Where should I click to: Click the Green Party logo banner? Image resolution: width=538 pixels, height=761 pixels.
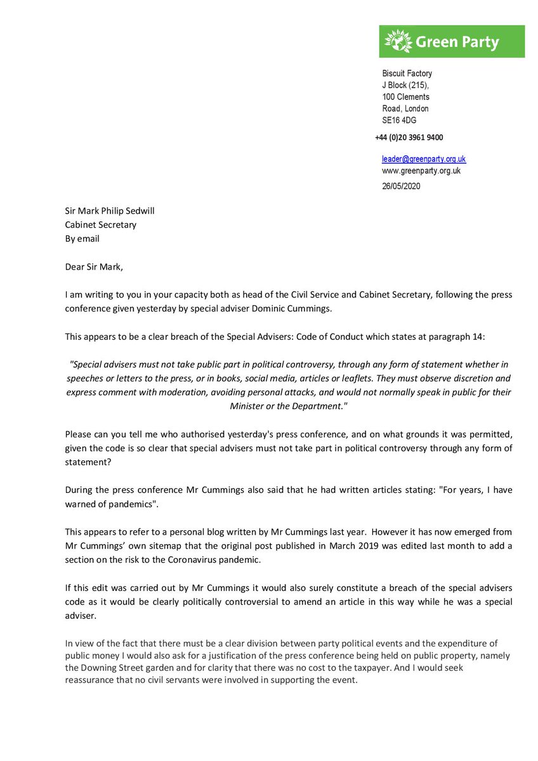click(x=452, y=42)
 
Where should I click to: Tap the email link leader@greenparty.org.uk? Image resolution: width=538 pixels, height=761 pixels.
click(x=423, y=159)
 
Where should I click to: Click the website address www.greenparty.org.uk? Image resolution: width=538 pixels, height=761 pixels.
click(x=421, y=171)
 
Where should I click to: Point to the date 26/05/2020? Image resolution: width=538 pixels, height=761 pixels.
click(x=400, y=186)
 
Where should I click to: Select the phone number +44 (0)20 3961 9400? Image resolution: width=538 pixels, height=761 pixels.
click(x=409, y=138)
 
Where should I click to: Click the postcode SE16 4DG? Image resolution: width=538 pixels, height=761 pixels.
click(x=399, y=120)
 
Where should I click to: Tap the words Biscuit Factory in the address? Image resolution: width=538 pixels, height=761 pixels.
click(x=407, y=74)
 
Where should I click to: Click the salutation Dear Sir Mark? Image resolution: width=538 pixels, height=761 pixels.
click(x=94, y=266)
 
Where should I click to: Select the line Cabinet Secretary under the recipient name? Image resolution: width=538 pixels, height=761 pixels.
click(x=100, y=224)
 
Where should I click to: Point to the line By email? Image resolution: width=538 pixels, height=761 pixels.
click(x=82, y=238)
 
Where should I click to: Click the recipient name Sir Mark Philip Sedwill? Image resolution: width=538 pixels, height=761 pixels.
click(x=109, y=211)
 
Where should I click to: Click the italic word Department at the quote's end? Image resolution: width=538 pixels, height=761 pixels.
click(x=313, y=406)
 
